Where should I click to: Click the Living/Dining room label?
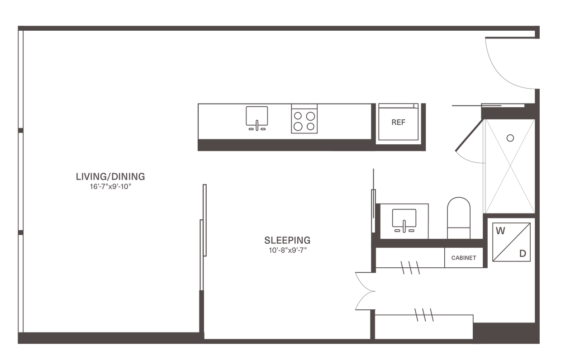[x=110, y=176]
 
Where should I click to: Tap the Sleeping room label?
[x=287, y=239]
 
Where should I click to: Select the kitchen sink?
[x=257, y=117]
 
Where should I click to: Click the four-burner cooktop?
[x=304, y=119]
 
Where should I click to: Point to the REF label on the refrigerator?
[x=398, y=122]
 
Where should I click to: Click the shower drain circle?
[x=510, y=137]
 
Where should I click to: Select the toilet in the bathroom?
[x=458, y=217]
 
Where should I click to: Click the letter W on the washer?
[x=500, y=231]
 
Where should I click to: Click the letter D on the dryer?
[x=523, y=254]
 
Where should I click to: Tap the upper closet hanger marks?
[x=411, y=267]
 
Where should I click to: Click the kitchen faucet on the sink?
[x=257, y=123]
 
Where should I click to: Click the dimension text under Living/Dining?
[x=110, y=186]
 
